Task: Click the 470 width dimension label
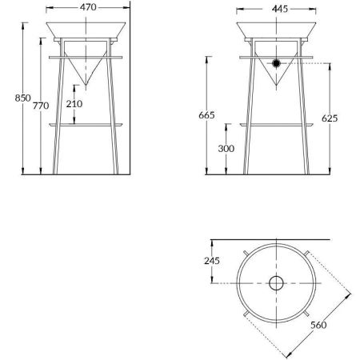coord(88,7)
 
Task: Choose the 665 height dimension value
coord(206,115)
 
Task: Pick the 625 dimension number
coord(329,118)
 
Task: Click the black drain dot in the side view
coord(276,62)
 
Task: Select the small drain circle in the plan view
coord(276,282)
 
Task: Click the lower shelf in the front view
coord(88,125)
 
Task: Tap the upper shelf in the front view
coord(88,57)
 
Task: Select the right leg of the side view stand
coord(305,120)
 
